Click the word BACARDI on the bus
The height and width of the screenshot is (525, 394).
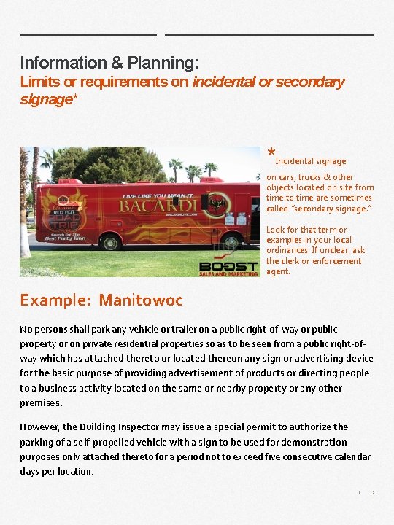pos(150,207)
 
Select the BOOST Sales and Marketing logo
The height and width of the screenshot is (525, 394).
pos(228,268)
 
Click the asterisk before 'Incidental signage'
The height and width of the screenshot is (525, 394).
pos(271,154)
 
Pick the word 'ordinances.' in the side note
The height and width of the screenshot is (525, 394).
pos(290,250)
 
